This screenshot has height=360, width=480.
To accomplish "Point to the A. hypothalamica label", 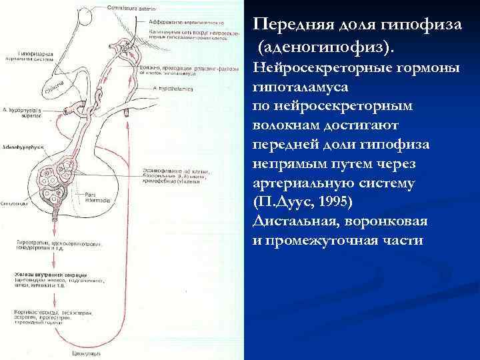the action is tap(173, 88).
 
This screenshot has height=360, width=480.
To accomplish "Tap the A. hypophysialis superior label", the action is tap(19, 113).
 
